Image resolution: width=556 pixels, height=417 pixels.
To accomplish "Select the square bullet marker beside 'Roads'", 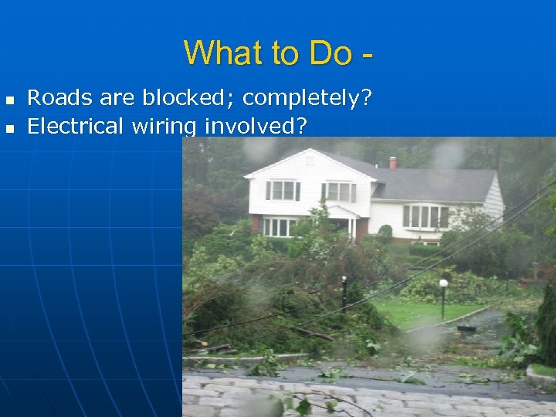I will pos(9,100).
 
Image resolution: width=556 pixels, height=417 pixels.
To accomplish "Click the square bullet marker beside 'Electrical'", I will pos(9,127).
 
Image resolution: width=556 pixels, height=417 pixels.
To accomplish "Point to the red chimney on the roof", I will pos(392,162).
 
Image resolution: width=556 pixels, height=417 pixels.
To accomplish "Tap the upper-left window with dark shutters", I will pos(282,190).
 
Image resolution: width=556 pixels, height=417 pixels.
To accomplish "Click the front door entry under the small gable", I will pos(344,225).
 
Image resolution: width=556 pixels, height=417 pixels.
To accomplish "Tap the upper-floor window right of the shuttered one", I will pos(338,192).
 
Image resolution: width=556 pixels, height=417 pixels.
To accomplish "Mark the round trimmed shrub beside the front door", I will pos(385,232).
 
